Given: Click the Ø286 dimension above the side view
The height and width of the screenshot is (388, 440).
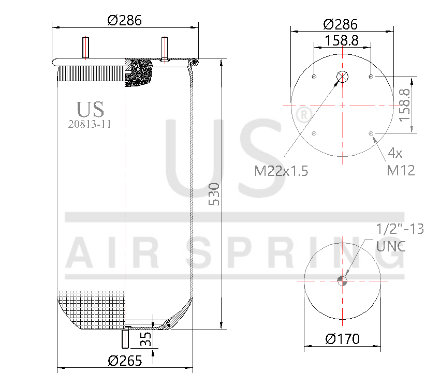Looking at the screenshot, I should (124, 20).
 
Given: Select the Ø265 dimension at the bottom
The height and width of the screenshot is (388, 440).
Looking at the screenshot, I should (124, 361).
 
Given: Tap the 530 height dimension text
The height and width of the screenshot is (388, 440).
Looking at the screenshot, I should (214, 193).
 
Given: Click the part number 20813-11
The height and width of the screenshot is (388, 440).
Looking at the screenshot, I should (90, 124).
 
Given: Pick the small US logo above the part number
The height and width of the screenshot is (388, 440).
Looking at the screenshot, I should (90, 109).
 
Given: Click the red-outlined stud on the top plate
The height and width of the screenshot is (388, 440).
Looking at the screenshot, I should (164, 49).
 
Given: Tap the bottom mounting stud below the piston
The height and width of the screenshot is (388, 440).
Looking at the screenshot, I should (125, 338).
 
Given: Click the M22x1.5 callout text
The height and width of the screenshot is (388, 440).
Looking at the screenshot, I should (281, 171).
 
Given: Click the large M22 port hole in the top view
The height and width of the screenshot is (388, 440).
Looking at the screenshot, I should (342, 77).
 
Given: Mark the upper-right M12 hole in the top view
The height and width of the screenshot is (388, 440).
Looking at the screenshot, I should (371, 77).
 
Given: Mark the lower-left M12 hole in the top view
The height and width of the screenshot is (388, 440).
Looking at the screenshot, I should (314, 134).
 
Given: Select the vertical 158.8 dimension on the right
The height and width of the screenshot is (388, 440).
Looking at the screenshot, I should (404, 105).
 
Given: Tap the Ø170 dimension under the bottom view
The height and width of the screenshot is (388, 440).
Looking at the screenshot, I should (342, 339).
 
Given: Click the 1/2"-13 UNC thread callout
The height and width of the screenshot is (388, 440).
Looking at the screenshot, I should (399, 237).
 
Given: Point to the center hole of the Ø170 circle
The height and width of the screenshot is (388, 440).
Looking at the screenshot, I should (342, 281).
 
